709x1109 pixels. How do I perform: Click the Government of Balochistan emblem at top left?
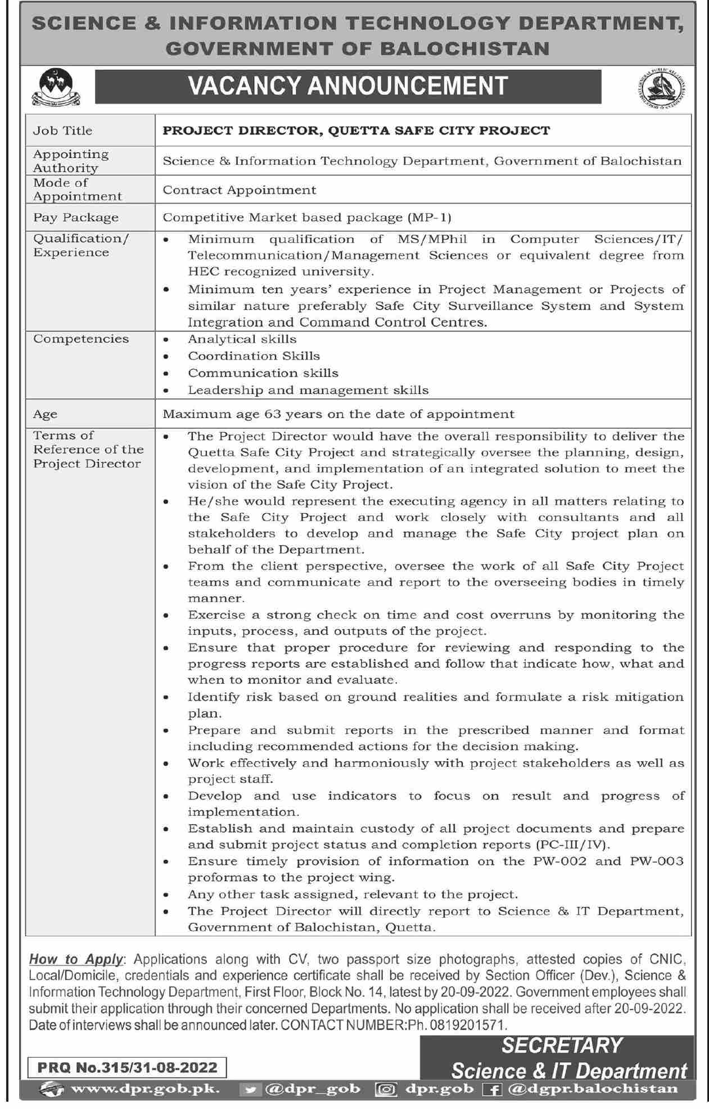pos(55,87)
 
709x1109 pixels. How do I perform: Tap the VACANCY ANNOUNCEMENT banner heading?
pos(348,86)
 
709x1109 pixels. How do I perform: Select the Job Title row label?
pos(62,131)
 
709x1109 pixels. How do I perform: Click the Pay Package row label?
pos(76,217)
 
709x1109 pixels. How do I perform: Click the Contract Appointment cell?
pos(240,190)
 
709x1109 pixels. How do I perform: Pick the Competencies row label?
pos(81,339)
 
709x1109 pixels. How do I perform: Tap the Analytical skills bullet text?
pos(242,339)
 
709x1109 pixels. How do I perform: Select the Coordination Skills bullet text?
pos(254,356)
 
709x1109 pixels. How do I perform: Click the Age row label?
pos(45,415)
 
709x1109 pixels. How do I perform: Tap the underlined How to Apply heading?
pos(75,959)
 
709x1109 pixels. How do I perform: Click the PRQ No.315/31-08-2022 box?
pos(127,1067)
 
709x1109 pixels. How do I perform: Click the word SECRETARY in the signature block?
pos(561,1045)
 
